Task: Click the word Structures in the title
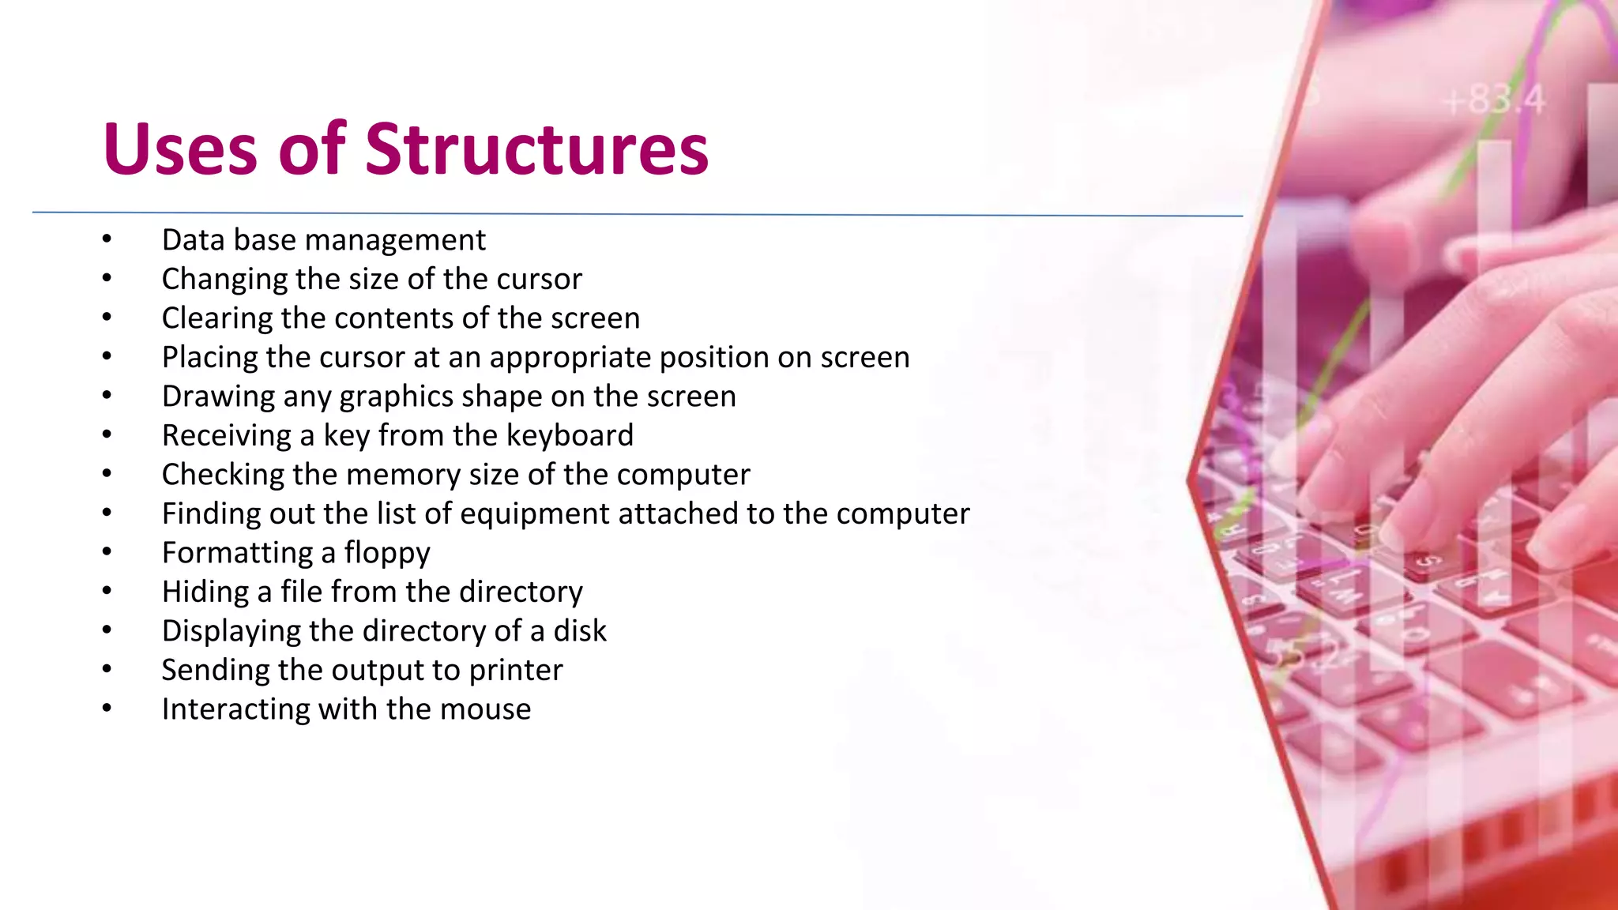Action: (x=536, y=149)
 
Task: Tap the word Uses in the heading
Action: (x=180, y=149)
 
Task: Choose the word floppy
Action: (x=387, y=553)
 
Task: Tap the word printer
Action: (x=516, y=670)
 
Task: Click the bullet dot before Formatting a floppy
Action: (x=107, y=551)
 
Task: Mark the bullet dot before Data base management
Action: (x=107, y=239)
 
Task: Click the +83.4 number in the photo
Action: (x=1492, y=101)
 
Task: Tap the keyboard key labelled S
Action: (x=1429, y=561)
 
